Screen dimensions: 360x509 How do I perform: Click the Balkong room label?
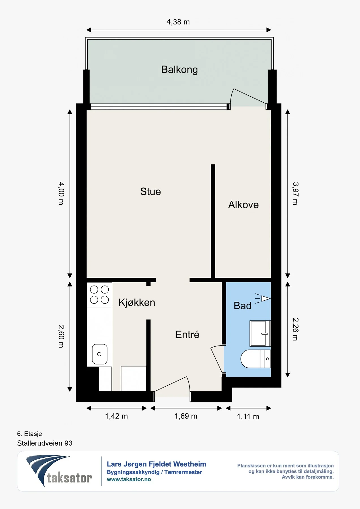179,70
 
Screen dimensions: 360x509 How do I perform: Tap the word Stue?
150,192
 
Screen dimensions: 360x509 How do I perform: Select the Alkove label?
243,205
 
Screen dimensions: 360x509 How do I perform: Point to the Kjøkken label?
137,303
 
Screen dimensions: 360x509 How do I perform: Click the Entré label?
187,335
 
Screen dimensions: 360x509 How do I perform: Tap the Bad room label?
243,306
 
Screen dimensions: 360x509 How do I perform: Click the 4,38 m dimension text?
178,22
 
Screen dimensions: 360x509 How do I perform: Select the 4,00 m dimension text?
61,193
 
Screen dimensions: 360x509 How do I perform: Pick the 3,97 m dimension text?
295,193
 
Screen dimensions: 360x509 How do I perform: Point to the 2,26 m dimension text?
295,329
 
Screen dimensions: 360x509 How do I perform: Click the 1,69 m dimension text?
186,416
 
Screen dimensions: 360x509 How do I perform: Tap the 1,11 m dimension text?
248,417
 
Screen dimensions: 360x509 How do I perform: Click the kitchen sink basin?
100,354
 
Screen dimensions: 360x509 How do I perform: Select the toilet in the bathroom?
256,359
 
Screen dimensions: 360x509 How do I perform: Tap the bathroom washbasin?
260,333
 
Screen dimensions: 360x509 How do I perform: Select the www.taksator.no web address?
129,479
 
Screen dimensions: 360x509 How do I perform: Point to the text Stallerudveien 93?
45,443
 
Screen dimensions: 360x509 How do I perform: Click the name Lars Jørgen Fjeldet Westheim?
156,464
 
